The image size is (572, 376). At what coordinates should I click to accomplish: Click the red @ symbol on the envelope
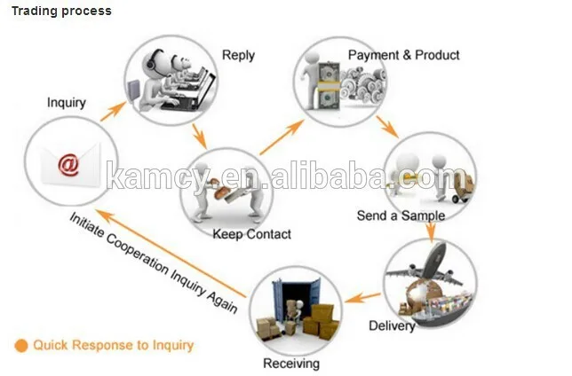[x=68, y=165]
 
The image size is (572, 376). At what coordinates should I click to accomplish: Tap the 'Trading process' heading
[x=61, y=11]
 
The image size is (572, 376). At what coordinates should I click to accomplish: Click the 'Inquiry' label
[x=67, y=102]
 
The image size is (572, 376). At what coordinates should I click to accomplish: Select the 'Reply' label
[x=238, y=55]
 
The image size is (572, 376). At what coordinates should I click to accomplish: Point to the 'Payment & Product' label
[x=403, y=55]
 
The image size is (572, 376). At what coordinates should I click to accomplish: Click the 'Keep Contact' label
[x=251, y=234]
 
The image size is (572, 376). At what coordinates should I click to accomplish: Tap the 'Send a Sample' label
[x=401, y=215]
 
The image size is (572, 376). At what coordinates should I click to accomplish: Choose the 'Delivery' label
[x=392, y=325]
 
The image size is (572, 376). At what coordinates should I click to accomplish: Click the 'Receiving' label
[x=291, y=364]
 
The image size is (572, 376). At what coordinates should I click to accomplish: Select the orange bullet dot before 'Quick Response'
[x=21, y=346]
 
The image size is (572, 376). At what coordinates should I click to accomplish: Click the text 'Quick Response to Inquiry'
[x=113, y=345]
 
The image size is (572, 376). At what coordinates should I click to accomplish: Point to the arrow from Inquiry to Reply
[x=114, y=112]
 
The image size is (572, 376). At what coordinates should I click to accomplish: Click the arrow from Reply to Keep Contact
[x=199, y=136]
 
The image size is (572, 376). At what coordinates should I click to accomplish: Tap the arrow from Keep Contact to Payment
[x=282, y=137]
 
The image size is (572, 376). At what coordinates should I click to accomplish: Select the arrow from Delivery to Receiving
[x=363, y=297]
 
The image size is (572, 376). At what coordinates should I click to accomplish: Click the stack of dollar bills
[x=329, y=86]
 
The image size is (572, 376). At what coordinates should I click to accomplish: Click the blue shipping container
[x=297, y=299]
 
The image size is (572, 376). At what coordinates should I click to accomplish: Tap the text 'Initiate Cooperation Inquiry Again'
[x=153, y=262]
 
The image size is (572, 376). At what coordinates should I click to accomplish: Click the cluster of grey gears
[x=362, y=83]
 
